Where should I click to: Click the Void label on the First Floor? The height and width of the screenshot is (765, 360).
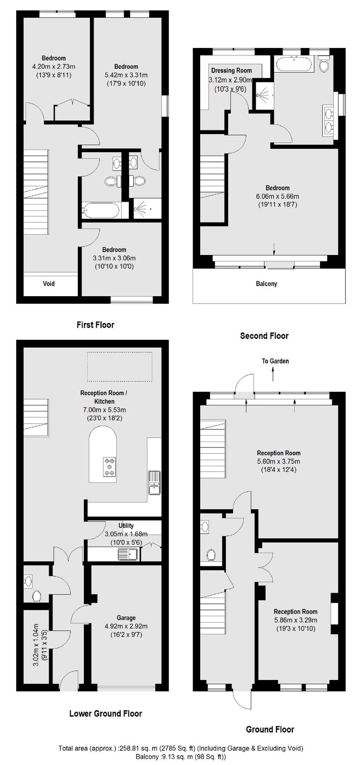[49, 283]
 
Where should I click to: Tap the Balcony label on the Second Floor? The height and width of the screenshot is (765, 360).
[266, 283]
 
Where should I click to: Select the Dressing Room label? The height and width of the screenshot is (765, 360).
[231, 71]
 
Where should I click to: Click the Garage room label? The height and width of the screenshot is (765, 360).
[126, 618]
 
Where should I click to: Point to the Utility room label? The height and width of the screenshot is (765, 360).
[126, 526]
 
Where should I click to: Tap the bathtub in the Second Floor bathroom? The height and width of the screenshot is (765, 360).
[294, 65]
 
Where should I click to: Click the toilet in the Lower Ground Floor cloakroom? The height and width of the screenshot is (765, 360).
[37, 596]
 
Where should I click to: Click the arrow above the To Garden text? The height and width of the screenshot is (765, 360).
[273, 374]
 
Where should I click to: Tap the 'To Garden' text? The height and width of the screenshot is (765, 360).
[275, 361]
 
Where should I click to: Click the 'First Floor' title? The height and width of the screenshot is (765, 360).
[95, 325]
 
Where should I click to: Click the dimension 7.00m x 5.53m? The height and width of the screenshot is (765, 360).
[104, 410]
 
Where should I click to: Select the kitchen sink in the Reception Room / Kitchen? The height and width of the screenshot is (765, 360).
[153, 482]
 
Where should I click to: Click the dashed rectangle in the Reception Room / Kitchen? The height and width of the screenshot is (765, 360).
[119, 367]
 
